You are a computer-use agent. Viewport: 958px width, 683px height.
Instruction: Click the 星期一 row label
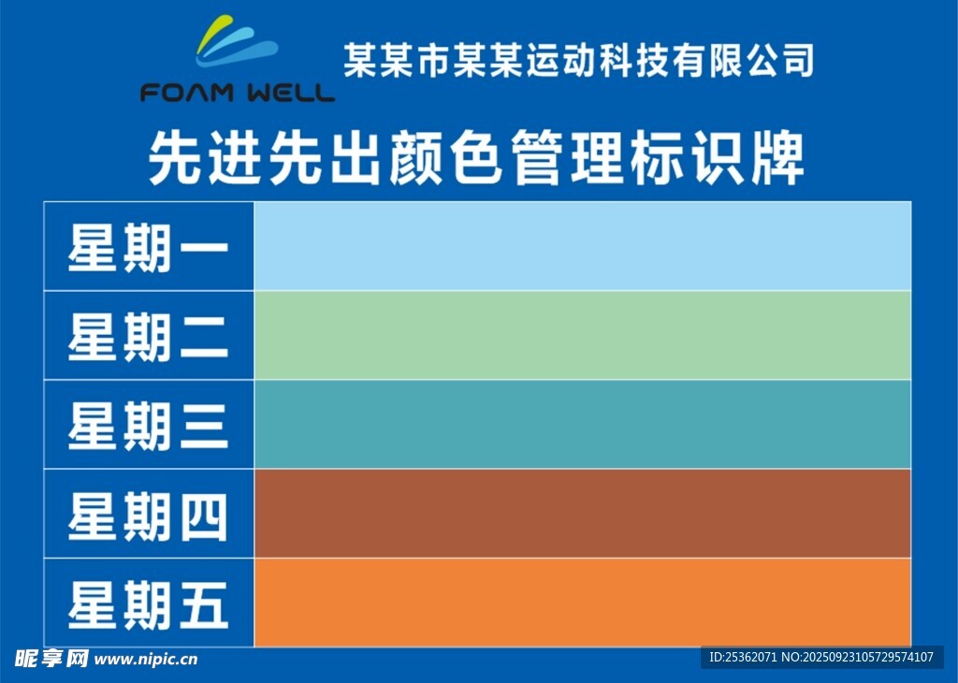tap(148, 247)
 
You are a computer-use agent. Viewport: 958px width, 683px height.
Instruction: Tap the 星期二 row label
tap(148, 337)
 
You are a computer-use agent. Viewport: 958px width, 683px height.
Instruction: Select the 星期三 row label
tap(148, 426)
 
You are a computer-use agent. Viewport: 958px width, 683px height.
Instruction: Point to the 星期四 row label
tap(148, 516)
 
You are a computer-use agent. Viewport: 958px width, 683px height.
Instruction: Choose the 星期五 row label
tap(148, 604)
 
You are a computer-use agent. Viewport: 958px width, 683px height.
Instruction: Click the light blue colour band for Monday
tap(582, 246)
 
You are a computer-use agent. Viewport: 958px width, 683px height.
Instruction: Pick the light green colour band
tap(582, 335)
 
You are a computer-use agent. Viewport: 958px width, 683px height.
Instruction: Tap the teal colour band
tap(582, 425)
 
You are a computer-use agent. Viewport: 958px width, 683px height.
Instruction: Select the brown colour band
tap(582, 514)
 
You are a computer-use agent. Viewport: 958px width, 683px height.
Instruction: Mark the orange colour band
tap(582, 603)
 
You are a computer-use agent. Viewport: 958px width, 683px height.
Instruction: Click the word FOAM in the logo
tap(187, 93)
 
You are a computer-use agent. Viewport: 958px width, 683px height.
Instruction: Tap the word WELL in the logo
tap(292, 93)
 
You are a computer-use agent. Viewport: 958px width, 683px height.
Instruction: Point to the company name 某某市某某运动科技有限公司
tap(578, 61)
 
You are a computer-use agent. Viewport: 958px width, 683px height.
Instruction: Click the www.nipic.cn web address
tap(146, 660)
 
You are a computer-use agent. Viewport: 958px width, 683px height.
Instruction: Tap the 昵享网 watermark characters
tap(51, 659)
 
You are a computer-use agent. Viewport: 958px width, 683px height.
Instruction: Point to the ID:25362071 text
tap(743, 658)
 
